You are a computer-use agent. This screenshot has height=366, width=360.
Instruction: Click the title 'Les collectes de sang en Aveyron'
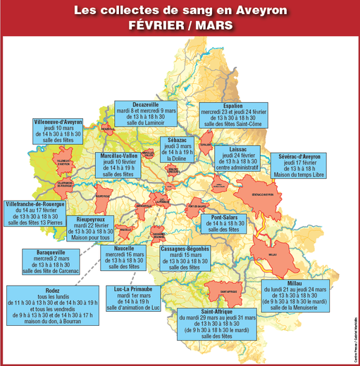pyautogui.click(x=180, y=11)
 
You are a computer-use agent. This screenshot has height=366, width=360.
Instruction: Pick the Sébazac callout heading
pyautogui.click(x=173, y=140)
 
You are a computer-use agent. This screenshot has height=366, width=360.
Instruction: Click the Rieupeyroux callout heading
pyautogui.click(x=92, y=220)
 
